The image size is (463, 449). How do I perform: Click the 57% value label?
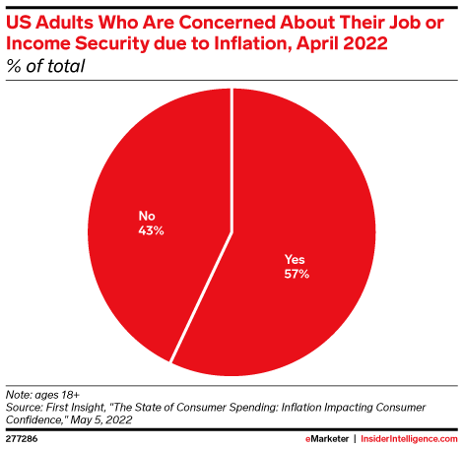tap(296, 275)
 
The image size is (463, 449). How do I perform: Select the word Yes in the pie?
tap(296, 260)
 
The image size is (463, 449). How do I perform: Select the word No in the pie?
tap(148, 215)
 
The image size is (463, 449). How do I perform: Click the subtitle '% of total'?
tap(45, 66)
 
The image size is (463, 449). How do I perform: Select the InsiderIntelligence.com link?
tap(409, 434)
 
